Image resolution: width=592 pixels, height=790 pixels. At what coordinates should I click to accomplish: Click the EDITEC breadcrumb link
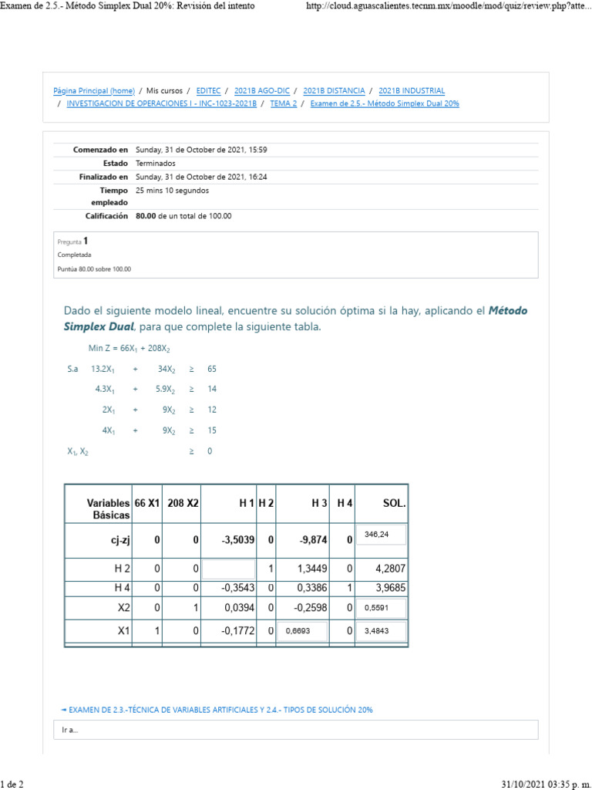pyautogui.click(x=208, y=91)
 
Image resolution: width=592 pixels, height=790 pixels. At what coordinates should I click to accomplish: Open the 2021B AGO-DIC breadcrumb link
pyautogui.click(x=261, y=91)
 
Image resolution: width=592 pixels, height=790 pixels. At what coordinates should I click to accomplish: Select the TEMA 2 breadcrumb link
pyautogui.click(x=284, y=103)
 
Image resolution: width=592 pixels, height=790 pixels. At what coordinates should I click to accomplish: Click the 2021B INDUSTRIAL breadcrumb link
pyautogui.click(x=412, y=91)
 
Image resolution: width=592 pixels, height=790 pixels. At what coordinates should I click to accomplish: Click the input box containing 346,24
pyautogui.click(x=380, y=534)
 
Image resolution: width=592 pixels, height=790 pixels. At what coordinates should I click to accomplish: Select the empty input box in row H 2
pyautogui.click(x=227, y=569)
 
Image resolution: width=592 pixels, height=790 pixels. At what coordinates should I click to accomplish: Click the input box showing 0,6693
pyautogui.click(x=301, y=632)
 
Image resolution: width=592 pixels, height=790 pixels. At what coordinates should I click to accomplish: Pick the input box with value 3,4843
pyautogui.click(x=380, y=632)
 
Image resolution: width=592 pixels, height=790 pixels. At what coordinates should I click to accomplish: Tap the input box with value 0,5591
pyautogui.click(x=380, y=607)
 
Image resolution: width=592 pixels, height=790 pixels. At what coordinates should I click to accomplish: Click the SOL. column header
pyautogui.click(x=394, y=503)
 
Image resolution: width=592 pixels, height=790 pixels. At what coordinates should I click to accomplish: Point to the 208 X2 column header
pyautogui.click(x=183, y=503)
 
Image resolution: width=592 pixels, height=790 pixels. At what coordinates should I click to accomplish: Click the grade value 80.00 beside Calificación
pyautogui.click(x=146, y=216)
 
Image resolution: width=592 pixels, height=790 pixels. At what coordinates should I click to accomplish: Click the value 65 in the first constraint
pyautogui.click(x=212, y=370)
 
